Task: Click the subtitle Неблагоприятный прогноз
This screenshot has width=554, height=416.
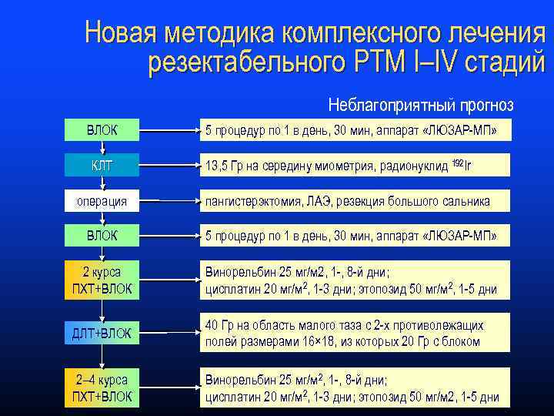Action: [x=420, y=104]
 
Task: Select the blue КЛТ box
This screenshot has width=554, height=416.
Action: [x=102, y=165]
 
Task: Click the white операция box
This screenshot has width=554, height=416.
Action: [x=102, y=202]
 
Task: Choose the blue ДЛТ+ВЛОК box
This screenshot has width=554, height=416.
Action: [x=102, y=333]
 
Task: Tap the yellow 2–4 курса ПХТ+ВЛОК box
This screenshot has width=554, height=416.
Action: [x=102, y=388]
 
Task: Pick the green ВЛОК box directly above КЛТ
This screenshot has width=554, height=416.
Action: [x=102, y=130]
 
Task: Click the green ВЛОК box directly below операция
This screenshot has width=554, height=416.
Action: [x=102, y=235]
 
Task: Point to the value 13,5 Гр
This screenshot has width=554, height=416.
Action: [x=223, y=166]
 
